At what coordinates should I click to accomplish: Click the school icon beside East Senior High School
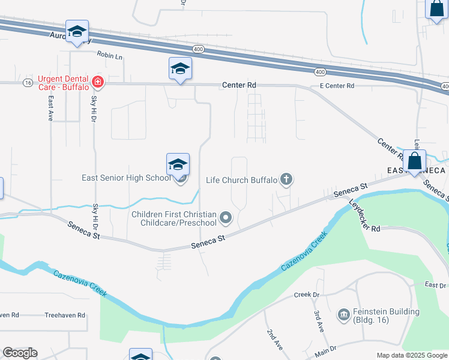[178, 164]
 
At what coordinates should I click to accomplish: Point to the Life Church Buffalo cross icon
[287, 179]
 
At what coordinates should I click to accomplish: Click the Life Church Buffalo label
[241, 180]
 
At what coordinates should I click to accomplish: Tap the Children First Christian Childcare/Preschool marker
[226, 218]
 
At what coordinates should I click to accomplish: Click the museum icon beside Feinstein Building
[343, 314]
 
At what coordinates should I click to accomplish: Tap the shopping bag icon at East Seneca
[415, 161]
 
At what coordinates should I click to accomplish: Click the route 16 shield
[28, 83]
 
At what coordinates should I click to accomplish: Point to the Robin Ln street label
[109, 55]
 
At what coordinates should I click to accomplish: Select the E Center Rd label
[337, 86]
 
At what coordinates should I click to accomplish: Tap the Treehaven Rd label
[65, 315]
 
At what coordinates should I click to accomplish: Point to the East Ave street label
[52, 109]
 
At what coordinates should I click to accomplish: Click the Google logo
[20, 353]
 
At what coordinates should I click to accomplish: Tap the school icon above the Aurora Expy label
[77, 32]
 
